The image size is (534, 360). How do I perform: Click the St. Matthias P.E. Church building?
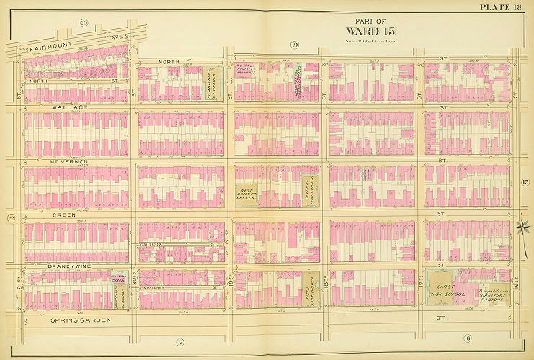pos(211,84)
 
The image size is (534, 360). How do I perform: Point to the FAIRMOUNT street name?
pos(50,49)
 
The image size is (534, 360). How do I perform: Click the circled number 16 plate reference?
pos(467,338)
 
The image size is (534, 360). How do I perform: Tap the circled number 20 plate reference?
pos(84,23)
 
